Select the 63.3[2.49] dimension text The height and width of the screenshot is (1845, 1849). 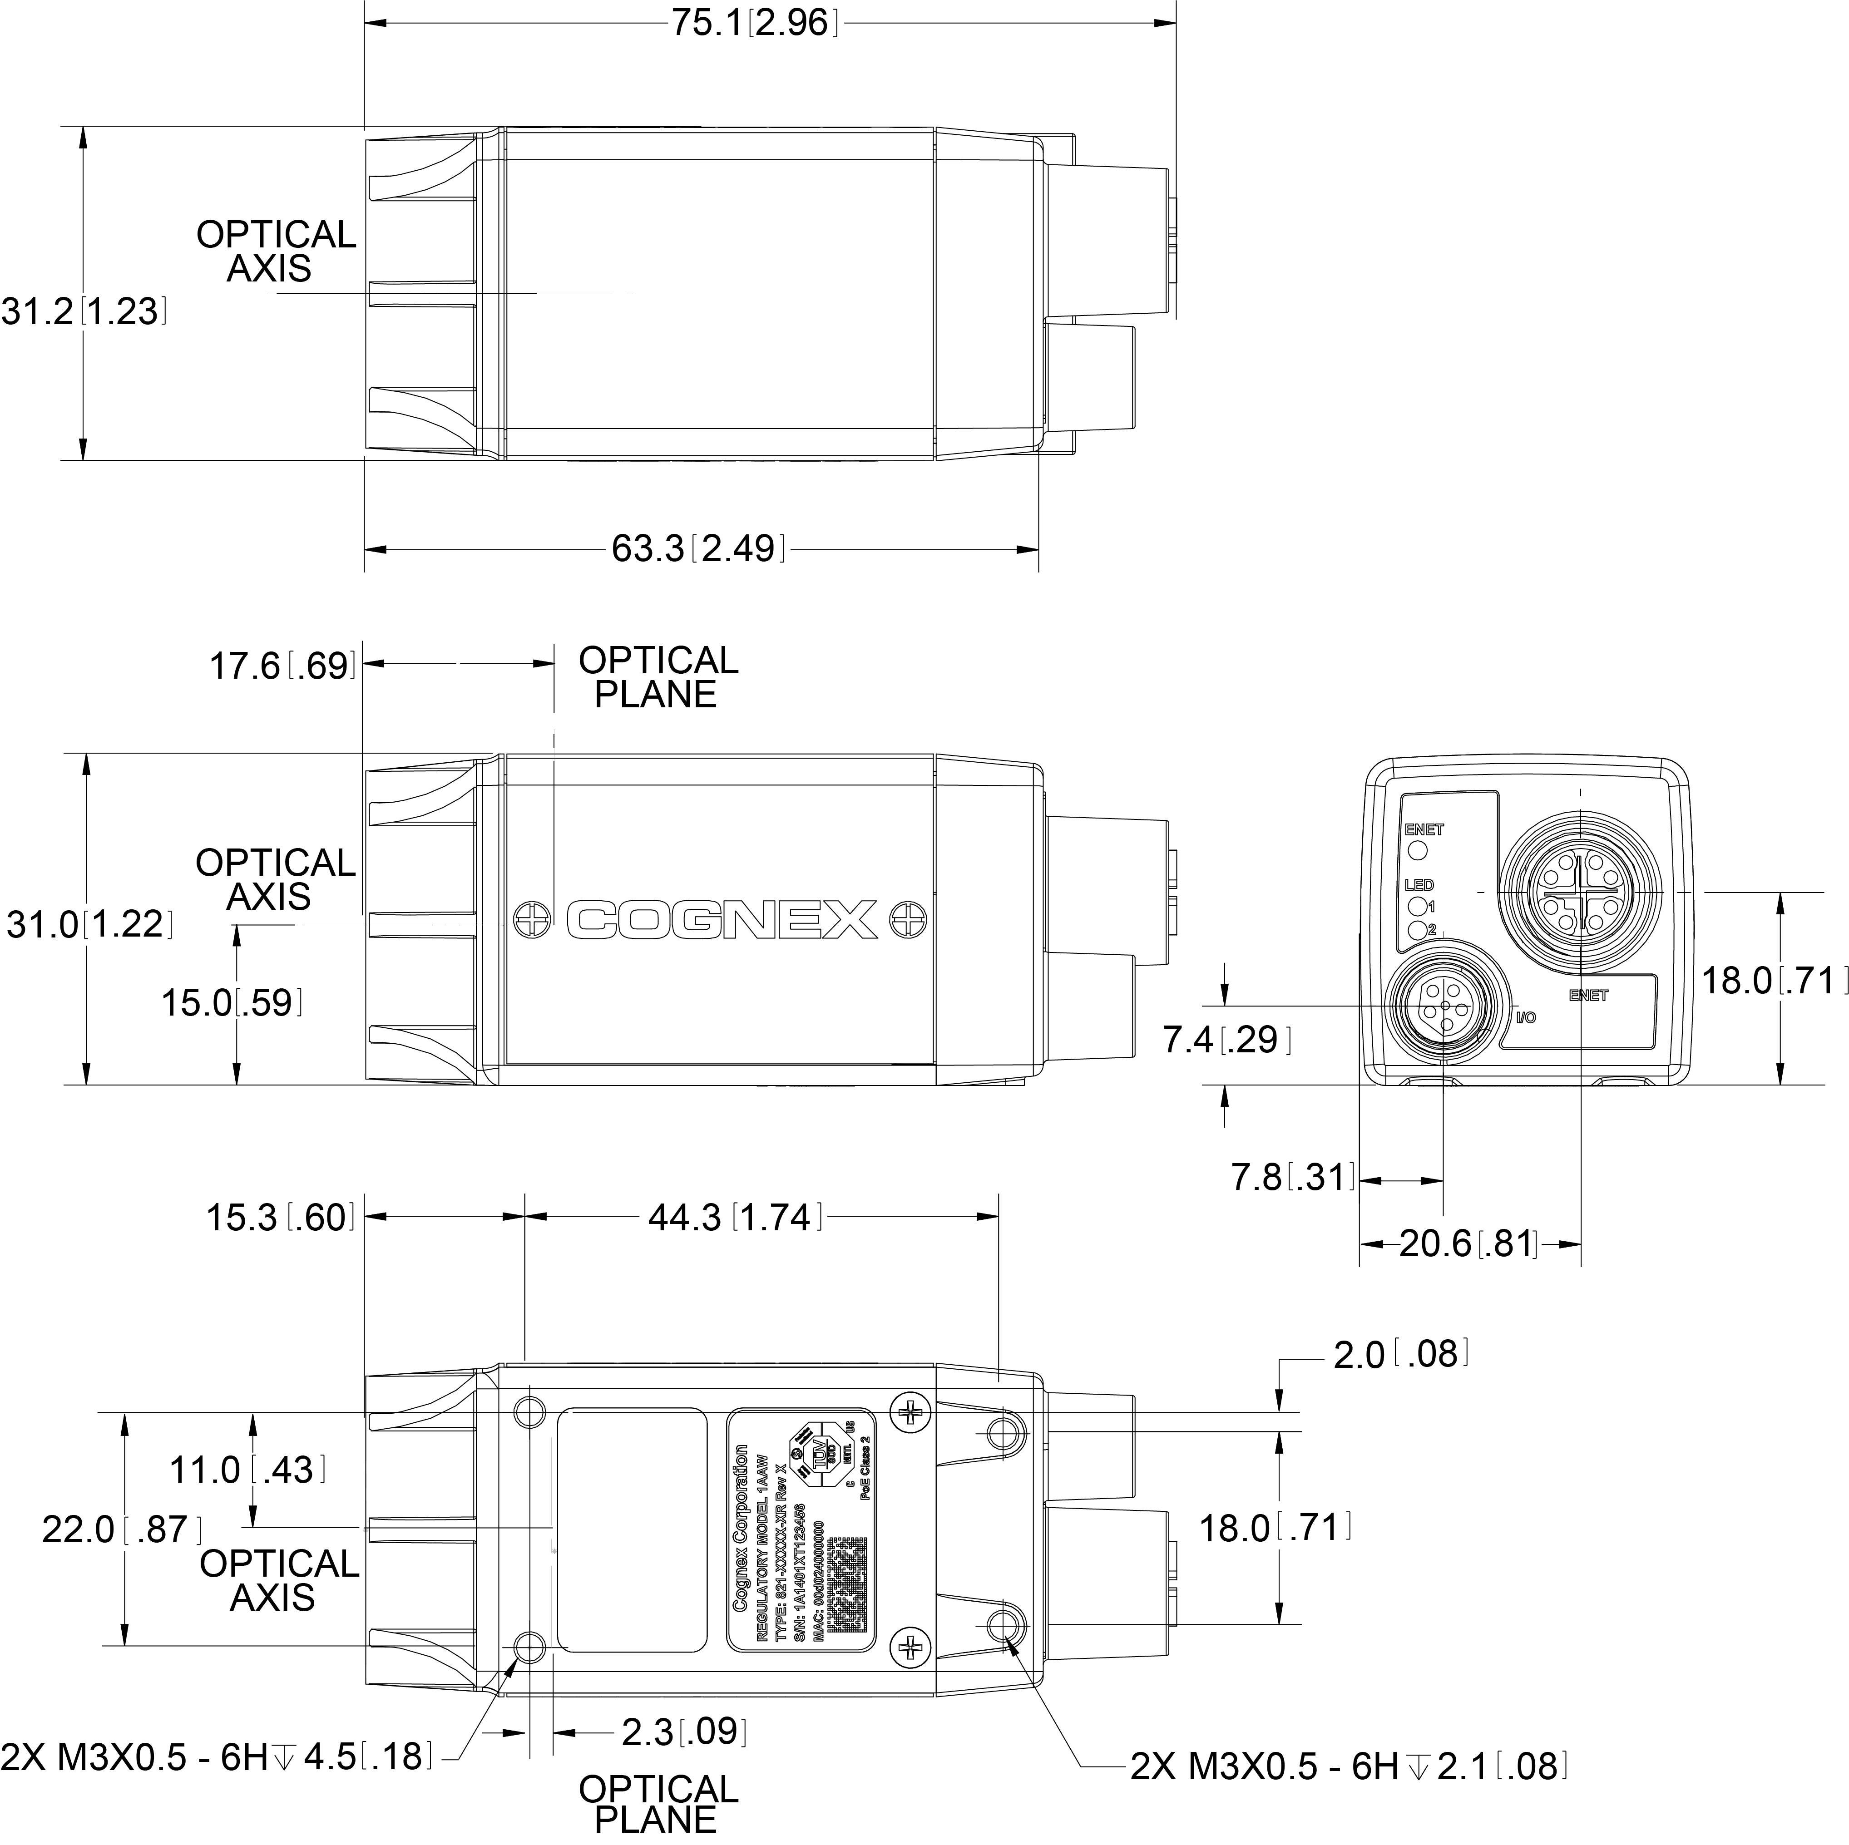(x=699, y=549)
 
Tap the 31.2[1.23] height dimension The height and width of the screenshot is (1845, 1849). (x=84, y=312)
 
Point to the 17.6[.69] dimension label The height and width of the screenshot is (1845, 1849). (x=282, y=666)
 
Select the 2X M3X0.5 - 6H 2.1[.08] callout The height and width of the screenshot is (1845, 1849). (x=1350, y=1766)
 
